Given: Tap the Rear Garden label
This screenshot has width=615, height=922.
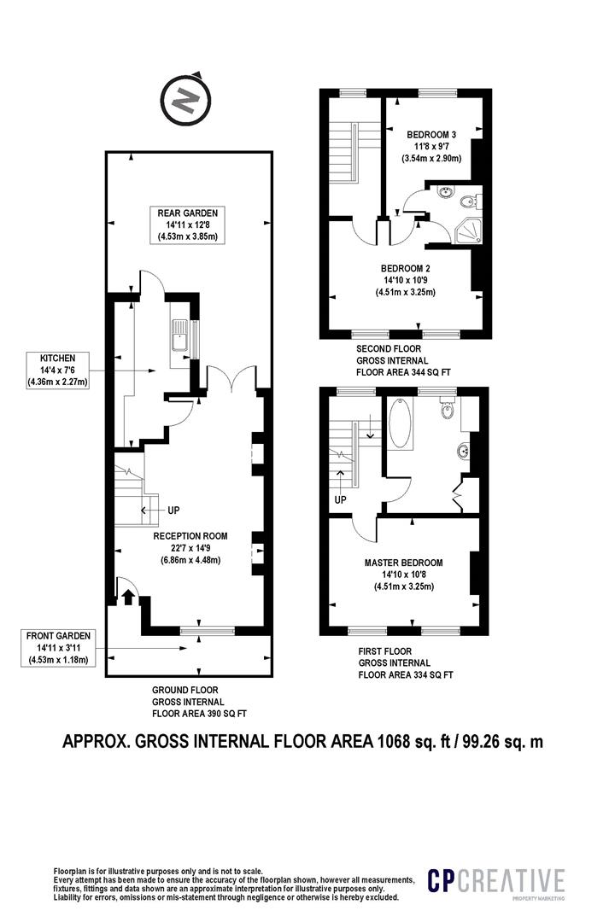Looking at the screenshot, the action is click(x=187, y=225).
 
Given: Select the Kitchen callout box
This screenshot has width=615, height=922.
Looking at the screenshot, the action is click(x=58, y=370).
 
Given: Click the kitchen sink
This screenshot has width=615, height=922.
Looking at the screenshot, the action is click(x=179, y=340).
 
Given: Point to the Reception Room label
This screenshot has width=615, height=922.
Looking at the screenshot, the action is click(x=190, y=547).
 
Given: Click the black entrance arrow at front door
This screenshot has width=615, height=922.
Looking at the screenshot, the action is click(x=128, y=597).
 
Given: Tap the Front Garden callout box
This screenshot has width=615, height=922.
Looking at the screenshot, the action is click(x=58, y=647).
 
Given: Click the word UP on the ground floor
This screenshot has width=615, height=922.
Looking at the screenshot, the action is click(x=173, y=510).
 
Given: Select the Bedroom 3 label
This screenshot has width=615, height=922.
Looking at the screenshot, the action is click(x=431, y=147).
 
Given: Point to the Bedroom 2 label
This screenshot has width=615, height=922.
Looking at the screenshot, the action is click(x=406, y=280).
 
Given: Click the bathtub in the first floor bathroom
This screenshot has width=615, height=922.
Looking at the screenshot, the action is click(x=400, y=424).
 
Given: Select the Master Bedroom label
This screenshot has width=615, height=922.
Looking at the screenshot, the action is click(x=404, y=574).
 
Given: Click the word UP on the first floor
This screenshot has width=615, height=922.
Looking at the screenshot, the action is click(x=340, y=499).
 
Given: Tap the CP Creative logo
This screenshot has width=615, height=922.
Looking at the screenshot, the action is click(x=496, y=882).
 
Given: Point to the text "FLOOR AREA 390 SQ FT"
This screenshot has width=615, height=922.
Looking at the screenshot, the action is click(x=199, y=714).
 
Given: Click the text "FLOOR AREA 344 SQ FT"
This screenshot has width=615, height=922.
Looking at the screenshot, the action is click(x=403, y=372).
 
